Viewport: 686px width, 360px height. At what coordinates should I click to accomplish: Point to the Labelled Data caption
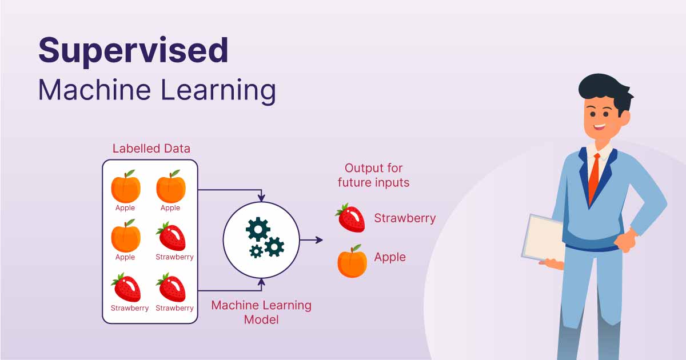coord(151,149)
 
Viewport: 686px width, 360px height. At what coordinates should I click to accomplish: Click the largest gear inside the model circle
coord(257,229)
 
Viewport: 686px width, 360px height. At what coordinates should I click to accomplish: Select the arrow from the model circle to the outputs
coord(311,240)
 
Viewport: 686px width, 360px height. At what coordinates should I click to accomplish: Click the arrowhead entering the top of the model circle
coord(261,198)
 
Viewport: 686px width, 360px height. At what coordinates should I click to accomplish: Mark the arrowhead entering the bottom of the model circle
coord(261,281)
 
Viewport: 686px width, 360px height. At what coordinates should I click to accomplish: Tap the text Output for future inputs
coord(373,175)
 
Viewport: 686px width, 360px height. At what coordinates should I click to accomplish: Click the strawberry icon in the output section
coord(350,218)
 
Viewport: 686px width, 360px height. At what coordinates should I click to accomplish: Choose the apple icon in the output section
coord(352,262)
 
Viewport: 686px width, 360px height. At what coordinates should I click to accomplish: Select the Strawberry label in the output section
coord(405,218)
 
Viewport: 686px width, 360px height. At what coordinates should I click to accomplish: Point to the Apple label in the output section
coord(390,257)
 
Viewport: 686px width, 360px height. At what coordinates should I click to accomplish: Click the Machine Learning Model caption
coord(261,312)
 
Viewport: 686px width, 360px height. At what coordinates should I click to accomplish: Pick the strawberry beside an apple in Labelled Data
coord(171,236)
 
